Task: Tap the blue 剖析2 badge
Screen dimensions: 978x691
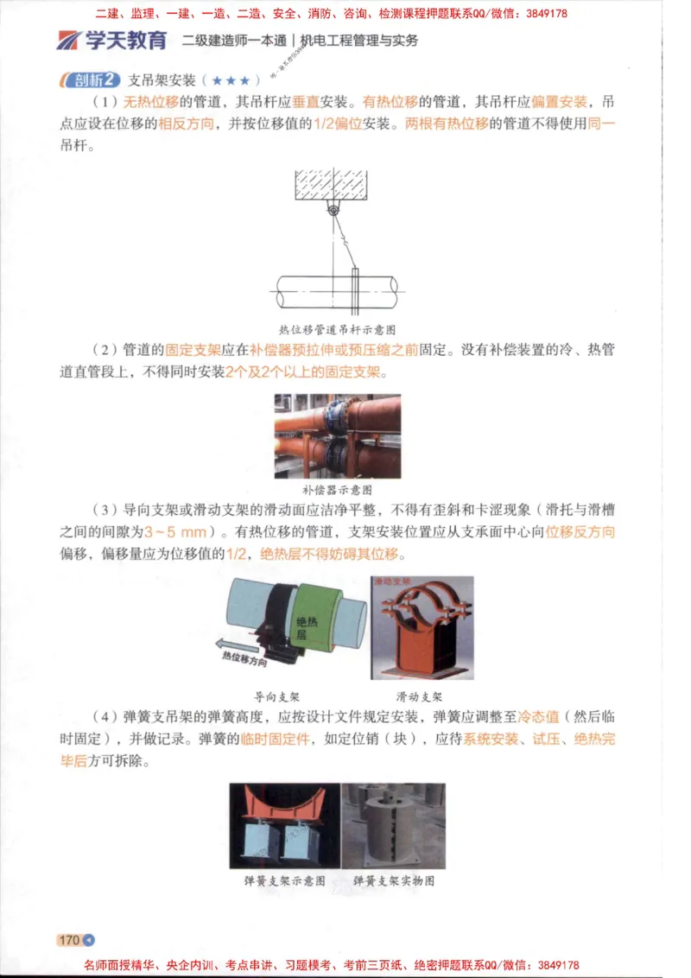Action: point(89,80)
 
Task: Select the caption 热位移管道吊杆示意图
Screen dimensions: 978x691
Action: point(337,329)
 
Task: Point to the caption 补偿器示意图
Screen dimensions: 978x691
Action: point(337,488)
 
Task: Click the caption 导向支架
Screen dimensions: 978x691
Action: point(276,695)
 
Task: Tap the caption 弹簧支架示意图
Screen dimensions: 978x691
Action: point(285,881)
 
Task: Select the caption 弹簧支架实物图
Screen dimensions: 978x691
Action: point(394,881)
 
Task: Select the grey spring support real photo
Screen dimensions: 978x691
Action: point(394,826)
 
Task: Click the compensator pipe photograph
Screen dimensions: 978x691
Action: point(337,436)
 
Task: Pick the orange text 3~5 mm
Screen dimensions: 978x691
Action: point(175,532)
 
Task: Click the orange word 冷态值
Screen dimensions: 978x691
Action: point(538,717)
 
